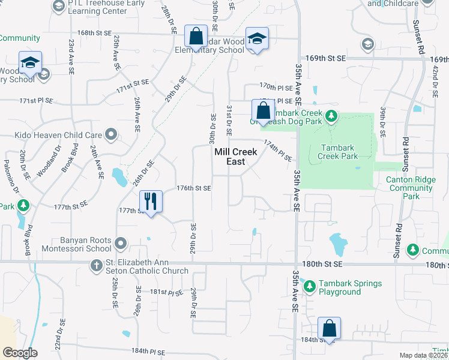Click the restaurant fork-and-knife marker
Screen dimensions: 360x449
point(150,201)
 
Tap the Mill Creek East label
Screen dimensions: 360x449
point(236,157)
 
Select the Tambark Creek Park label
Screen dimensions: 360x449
point(339,152)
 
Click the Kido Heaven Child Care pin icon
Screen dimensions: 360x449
point(110,134)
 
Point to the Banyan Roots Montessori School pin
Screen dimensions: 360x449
point(121,244)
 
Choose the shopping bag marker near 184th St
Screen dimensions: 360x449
point(329,328)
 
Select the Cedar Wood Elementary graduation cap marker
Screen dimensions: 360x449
point(257,39)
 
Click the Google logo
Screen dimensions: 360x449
point(20,353)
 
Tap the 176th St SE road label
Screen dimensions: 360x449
point(194,188)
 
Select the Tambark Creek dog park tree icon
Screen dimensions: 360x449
point(331,115)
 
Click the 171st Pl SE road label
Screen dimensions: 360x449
point(36,101)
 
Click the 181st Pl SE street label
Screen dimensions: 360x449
point(166,293)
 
